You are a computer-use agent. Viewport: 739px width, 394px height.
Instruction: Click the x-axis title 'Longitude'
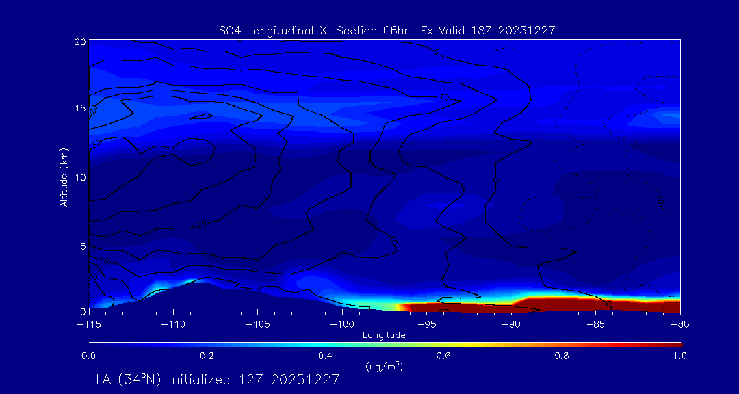coord(384,335)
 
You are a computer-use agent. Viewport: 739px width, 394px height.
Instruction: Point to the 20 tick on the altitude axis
coord(80,42)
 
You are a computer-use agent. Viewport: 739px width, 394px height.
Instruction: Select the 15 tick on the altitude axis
coord(80,109)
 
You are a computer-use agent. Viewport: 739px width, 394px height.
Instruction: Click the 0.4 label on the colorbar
coord(325,356)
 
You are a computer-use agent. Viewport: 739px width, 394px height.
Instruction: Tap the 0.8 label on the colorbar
coord(562,356)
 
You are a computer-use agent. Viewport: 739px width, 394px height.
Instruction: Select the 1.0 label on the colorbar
coord(679,356)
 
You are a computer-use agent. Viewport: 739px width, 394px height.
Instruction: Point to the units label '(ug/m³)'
coord(384,367)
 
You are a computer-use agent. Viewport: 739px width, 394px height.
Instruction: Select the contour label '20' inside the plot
coord(201,224)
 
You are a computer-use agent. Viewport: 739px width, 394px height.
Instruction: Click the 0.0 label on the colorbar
coord(88,356)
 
